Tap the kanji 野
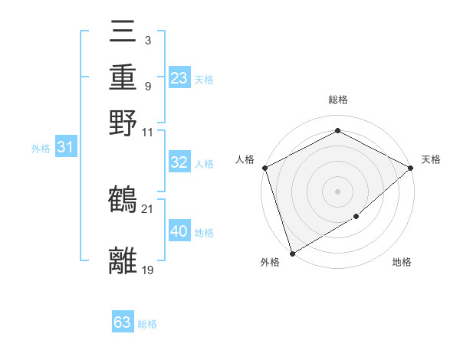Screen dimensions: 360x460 [123, 123]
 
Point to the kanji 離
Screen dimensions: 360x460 [123, 260]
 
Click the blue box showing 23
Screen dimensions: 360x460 [179, 78]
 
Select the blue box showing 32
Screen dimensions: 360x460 [179, 162]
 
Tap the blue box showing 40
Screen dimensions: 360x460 [179, 231]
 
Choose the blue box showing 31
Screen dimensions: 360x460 [65, 148]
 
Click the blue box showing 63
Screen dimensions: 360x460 [123, 322]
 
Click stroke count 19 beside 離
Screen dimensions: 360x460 [147, 270]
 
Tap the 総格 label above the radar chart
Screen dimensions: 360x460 [337, 100]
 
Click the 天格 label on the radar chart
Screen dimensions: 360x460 [431, 159]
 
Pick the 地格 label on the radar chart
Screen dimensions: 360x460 [402, 263]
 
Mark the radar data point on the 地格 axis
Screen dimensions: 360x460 [356, 217]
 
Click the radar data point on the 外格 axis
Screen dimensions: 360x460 [292, 253]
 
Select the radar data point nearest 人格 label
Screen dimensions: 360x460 [264, 168]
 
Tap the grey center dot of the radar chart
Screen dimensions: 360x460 [337, 191]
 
